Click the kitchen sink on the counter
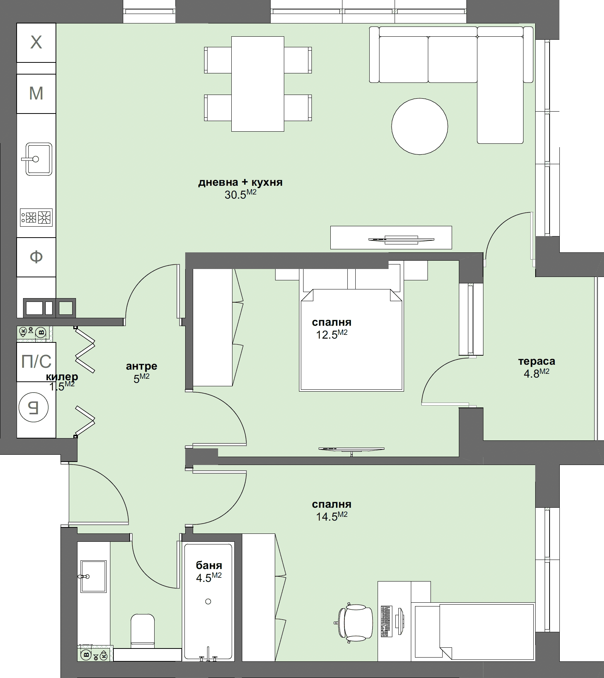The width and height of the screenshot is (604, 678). [39, 159]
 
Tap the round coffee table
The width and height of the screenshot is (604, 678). [420, 126]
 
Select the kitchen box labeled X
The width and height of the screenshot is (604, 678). [36, 42]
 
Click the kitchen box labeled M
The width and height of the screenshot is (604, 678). [36, 93]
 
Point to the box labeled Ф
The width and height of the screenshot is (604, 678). [36, 257]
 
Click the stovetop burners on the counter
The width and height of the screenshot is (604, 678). [36, 218]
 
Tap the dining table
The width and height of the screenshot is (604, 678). [257, 84]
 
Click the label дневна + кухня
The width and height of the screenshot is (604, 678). [240, 183]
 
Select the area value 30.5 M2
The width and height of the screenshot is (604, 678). [240, 194]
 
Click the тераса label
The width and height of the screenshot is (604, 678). [536, 361]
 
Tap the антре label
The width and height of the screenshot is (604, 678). [141, 366]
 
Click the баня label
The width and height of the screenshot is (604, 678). [209, 566]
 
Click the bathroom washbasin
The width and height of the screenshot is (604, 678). [93, 576]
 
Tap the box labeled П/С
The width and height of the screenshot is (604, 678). [36, 362]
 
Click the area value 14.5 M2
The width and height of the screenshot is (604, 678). [331, 516]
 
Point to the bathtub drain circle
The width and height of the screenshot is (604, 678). [208, 601]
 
